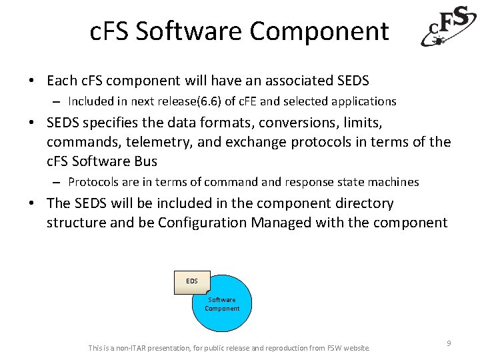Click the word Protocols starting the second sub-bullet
click(x=93, y=182)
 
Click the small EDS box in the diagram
click(x=192, y=281)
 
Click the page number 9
click(x=449, y=343)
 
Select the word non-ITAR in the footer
click(x=132, y=348)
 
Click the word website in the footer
click(x=357, y=348)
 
